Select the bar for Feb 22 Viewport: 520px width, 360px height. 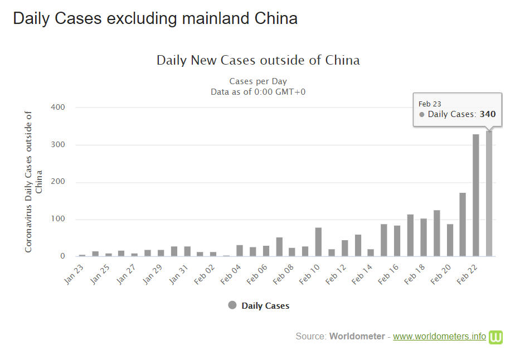(476, 196)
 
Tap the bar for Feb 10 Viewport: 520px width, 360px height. (318, 242)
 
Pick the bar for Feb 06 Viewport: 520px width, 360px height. (266, 251)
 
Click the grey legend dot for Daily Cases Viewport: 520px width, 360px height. (232, 305)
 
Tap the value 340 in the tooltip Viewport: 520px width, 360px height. (488, 114)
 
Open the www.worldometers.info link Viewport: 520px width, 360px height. (439, 337)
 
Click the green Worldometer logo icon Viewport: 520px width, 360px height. (495, 337)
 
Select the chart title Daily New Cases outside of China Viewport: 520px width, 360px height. (258, 60)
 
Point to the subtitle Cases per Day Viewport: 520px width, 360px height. (258, 81)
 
